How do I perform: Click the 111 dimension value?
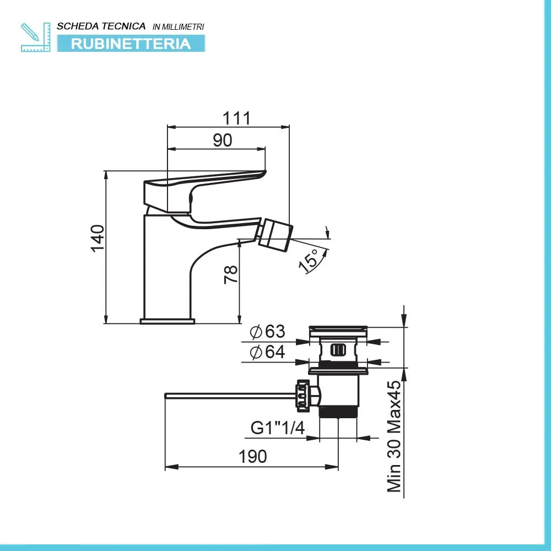tap(236, 118)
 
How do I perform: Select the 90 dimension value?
tap(223, 141)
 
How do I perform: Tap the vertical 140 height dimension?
tap(97, 238)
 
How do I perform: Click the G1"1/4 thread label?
tap(278, 428)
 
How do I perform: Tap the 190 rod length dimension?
tap(253, 456)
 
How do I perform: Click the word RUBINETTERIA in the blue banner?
tap(131, 44)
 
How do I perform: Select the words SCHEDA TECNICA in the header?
tap(101, 26)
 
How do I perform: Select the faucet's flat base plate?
tap(168, 321)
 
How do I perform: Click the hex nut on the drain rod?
tap(302, 395)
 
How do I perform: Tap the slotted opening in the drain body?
tap(338, 349)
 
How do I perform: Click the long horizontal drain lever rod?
tap(231, 395)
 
